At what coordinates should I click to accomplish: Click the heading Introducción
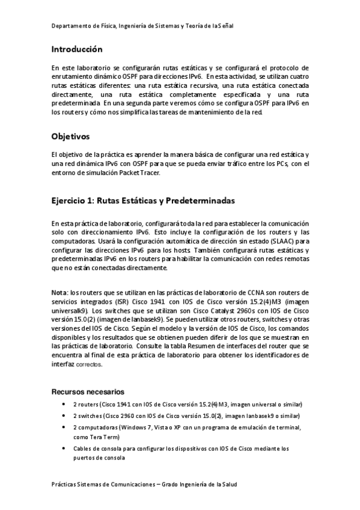77,49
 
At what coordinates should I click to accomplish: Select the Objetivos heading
70,137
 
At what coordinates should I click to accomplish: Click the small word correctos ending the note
89,364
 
